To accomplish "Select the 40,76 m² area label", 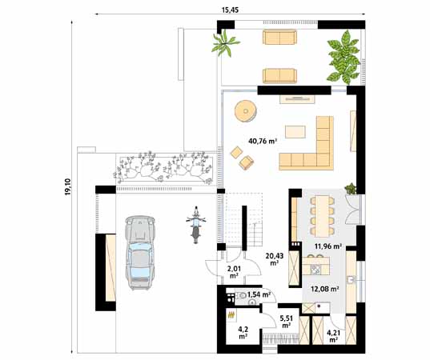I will coord(262,141).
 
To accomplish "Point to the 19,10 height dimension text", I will coord(67,189).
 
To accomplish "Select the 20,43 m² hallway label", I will coord(274,258).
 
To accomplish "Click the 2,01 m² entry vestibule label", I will coord(234,274).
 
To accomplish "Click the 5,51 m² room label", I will coord(286,322).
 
